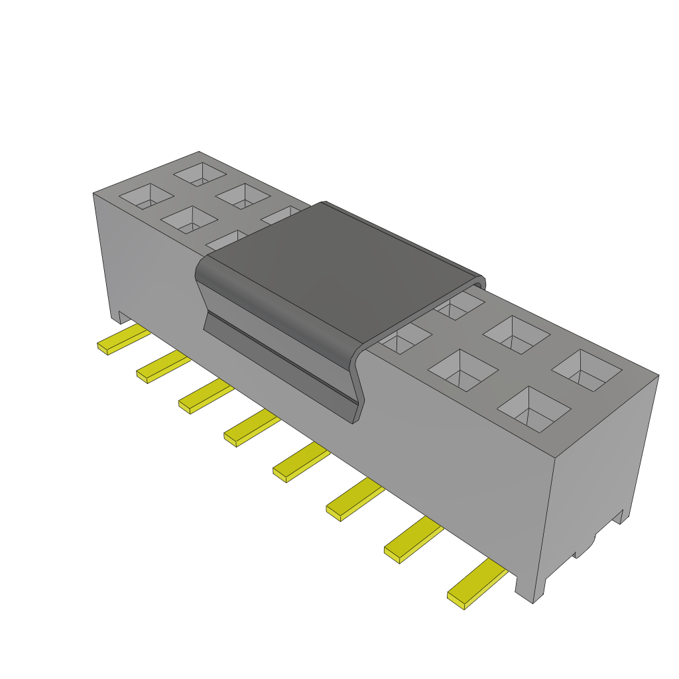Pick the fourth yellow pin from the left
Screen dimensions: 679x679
(x=250, y=428)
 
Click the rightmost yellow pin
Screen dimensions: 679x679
(x=475, y=584)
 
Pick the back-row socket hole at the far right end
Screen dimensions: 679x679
(x=587, y=369)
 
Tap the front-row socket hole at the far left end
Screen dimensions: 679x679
(x=147, y=196)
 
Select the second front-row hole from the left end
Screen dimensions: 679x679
(x=190, y=220)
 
